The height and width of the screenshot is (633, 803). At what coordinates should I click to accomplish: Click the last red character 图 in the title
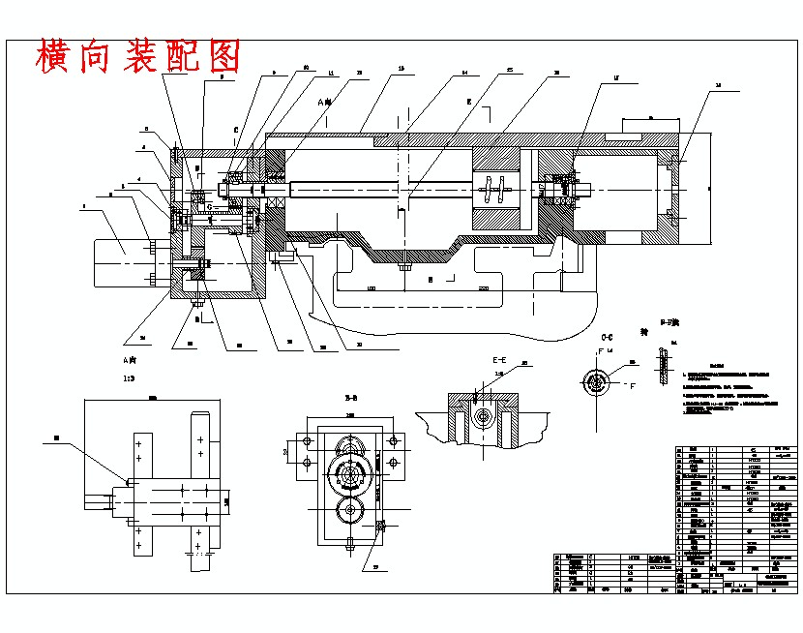(x=223, y=57)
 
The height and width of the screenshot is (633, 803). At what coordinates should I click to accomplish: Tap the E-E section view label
(x=499, y=358)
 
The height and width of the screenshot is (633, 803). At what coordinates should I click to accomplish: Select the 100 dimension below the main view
(x=371, y=288)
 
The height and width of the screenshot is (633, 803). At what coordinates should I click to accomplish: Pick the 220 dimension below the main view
(x=482, y=288)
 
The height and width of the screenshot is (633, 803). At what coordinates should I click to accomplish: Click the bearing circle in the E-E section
(x=482, y=418)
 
